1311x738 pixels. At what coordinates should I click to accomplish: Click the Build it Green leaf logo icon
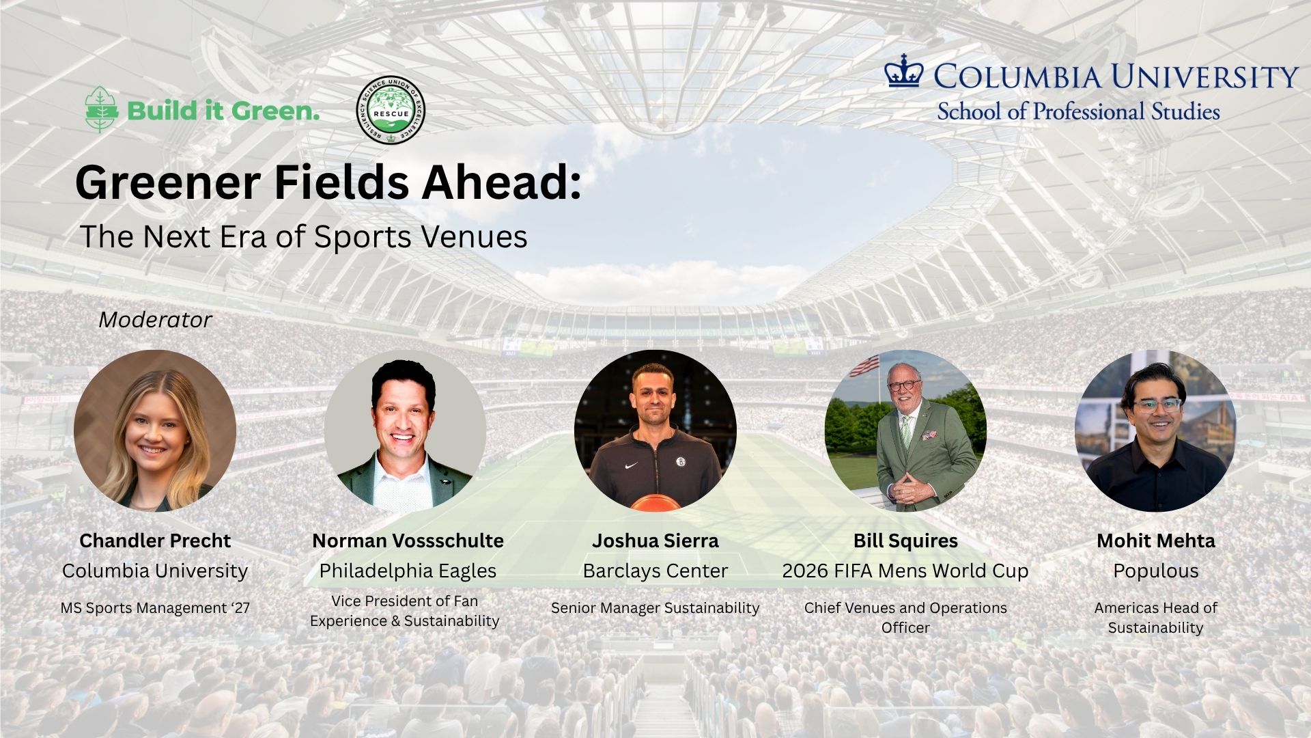100,109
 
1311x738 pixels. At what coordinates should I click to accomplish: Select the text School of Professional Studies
1078,111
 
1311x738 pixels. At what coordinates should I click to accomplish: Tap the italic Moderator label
155,320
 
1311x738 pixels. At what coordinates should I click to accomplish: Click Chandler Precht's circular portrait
155,430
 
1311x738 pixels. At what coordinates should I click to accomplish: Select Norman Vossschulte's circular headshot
405,430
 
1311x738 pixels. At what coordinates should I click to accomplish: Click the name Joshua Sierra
655,541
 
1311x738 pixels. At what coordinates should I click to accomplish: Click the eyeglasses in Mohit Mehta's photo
1157,405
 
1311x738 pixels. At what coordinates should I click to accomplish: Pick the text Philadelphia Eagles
408,571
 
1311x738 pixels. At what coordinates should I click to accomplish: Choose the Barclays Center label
655,571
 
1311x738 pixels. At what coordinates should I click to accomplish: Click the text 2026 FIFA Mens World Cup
905,571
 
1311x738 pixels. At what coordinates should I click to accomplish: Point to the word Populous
1156,571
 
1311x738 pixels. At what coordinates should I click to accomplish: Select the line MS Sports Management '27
155,607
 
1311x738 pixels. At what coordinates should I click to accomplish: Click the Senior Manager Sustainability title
655,607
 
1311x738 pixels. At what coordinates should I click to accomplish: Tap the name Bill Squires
905,541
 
